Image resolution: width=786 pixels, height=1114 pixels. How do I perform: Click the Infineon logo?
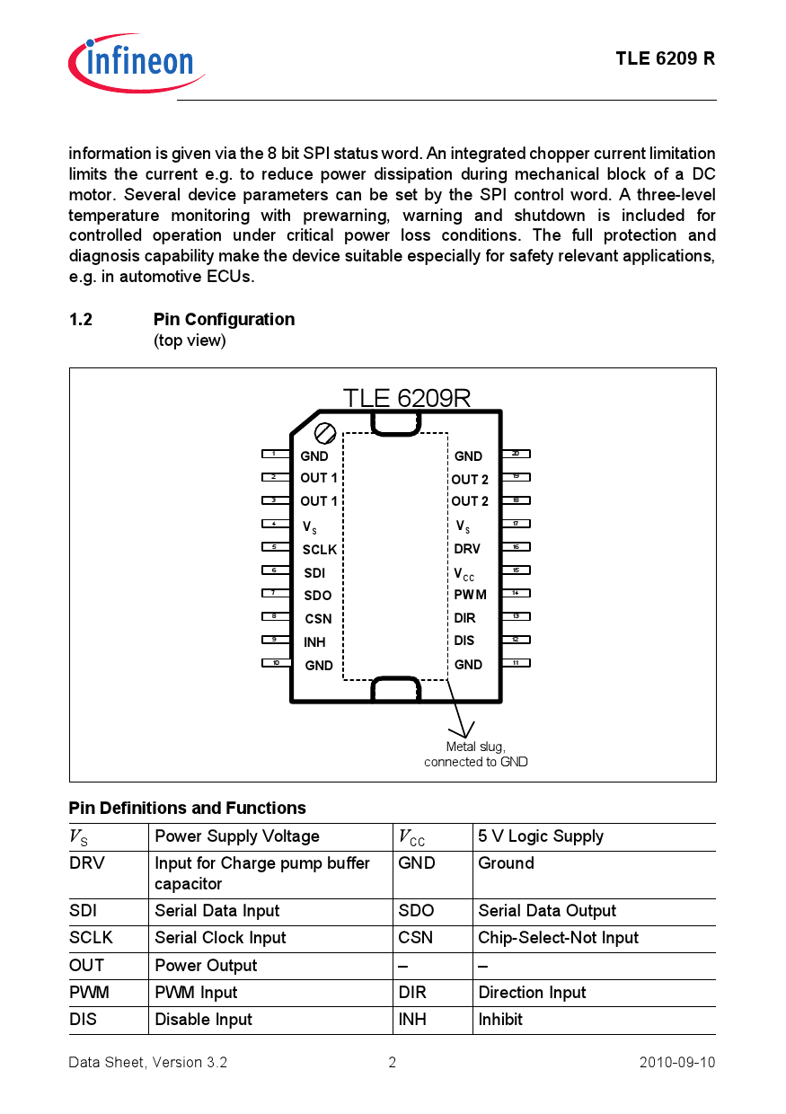136,62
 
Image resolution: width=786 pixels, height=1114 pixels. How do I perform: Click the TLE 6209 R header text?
665,58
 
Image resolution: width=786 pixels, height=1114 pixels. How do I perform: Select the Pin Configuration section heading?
224,319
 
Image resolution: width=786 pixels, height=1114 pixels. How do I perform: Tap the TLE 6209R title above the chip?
406,398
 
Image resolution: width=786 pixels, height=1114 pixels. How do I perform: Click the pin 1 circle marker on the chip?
326,433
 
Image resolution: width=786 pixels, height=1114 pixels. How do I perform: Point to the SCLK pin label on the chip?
319,549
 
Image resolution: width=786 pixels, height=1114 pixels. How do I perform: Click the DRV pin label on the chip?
467,548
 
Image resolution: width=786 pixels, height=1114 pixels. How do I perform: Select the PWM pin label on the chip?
470,594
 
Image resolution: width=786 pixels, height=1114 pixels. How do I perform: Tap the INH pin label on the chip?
314,641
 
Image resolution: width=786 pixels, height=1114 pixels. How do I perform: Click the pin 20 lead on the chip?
516,454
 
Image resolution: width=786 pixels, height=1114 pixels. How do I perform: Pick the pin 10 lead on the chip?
276,662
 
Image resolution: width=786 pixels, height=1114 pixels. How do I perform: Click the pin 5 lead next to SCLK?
275,546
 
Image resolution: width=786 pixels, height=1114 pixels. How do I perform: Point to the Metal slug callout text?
475,754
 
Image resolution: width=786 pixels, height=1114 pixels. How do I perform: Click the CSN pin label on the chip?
318,618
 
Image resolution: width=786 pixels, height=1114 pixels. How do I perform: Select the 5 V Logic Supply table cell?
541,836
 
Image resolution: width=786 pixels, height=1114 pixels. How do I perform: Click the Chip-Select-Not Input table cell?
558,938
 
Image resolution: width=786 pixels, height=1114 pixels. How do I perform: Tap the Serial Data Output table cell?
547,911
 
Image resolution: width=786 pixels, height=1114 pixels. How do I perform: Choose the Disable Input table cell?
204,1020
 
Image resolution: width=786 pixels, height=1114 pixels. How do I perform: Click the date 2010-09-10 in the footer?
677,1062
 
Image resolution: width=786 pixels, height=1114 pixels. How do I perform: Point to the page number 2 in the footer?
393,1062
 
